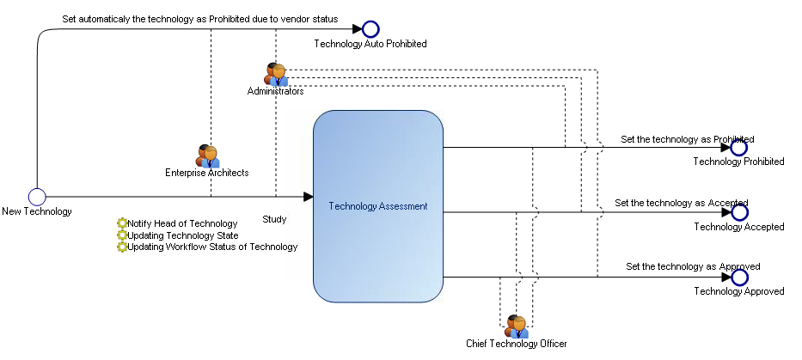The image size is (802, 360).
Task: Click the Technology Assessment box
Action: tap(378, 206)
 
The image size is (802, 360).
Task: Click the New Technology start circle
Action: tap(36, 197)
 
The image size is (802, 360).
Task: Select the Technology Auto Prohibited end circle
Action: tap(370, 30)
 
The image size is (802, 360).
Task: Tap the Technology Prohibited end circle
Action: tap(738, 147)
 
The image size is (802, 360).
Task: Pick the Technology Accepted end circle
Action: tap(739, 212)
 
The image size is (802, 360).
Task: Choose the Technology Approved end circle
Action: tap(739, 278)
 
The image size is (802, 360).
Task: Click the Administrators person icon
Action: tap(275, 74)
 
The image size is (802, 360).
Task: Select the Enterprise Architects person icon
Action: tap(208, 156)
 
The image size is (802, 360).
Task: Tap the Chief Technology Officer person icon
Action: tap(516, 326)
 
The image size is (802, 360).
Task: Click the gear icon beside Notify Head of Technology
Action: tap(122, 224)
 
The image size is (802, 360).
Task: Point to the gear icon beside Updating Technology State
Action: tap(122, 235)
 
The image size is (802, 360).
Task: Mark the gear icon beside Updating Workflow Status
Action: tap(122, 247)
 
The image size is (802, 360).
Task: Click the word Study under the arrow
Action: tap(274, 219)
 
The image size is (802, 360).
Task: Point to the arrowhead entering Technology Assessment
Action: tap(308, 197)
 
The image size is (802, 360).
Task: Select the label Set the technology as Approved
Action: tap(693, 266)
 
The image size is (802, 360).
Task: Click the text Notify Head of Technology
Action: tap(182, 224)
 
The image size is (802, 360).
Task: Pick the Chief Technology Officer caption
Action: tap(516, 344)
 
